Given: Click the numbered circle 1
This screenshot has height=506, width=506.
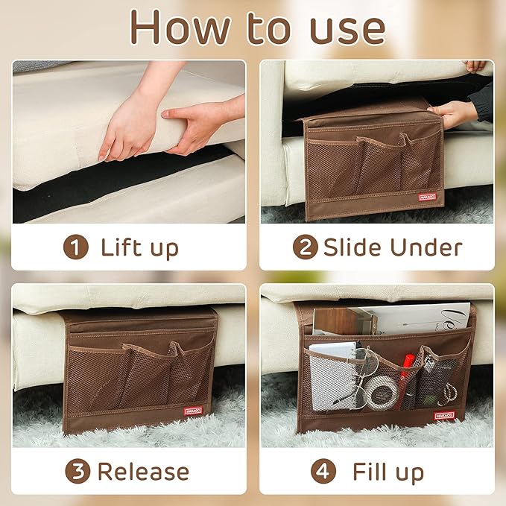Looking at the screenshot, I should tap(75, 247).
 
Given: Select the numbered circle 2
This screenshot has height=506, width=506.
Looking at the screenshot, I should tap(305, 247).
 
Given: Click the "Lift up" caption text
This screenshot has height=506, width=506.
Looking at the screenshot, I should tap(140, 247).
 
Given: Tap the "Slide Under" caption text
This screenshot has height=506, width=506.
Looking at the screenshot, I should tap(392, 247).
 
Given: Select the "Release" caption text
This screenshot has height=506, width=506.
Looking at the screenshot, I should tap(143, 471).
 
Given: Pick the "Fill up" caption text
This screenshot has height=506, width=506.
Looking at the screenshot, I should tap(388, 471).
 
